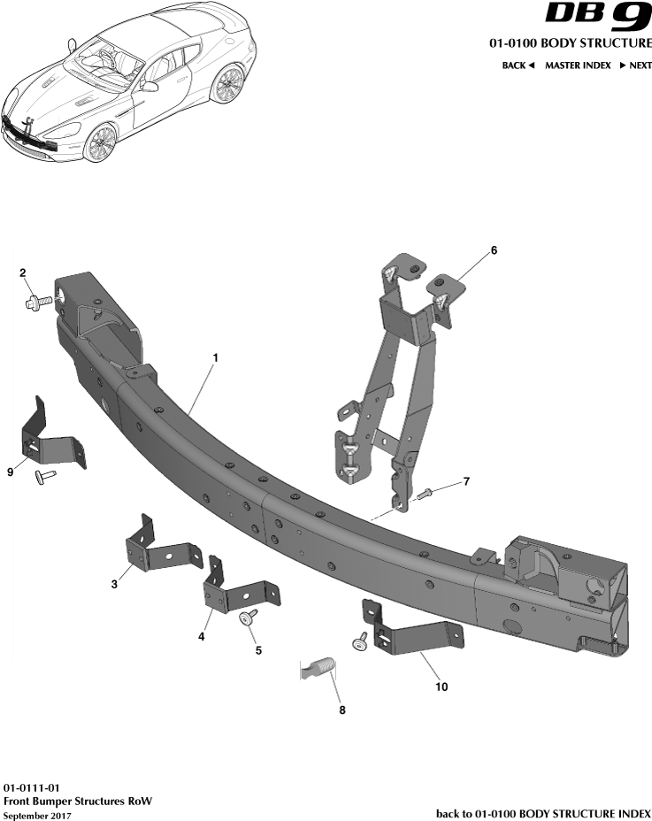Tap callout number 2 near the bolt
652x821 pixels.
(22, 272)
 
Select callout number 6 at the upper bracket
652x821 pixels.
(494, 250)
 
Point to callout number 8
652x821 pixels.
(342, 709)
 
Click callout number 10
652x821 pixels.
(440, 686)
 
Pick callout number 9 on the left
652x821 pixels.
(11, 472)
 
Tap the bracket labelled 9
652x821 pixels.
(49, 439)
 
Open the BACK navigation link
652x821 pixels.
(518, 65)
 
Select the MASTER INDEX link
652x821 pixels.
(578, 65)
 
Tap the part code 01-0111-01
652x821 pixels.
(33, 786)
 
